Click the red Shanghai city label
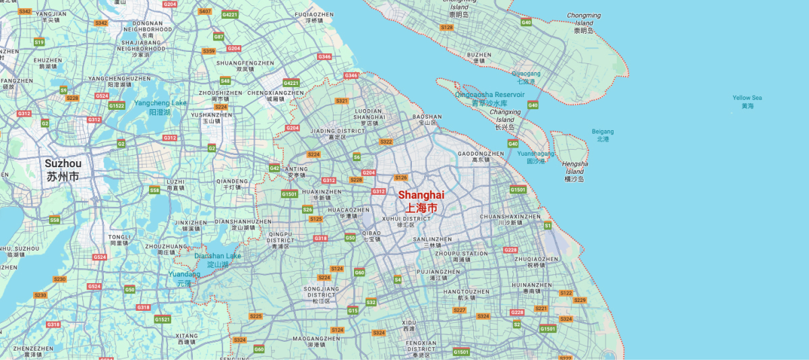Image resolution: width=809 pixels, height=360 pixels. click(421, 200)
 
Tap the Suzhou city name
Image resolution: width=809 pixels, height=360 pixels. click(63, 170)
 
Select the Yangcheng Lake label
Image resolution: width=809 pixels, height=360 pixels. click(160, 107)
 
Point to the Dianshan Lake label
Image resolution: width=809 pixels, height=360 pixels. click(217, 260)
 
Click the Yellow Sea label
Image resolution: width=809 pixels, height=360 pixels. click(747, 102)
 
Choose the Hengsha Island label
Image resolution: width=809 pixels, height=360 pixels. click(575, 171)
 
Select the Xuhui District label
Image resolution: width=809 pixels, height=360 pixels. click(405, 222)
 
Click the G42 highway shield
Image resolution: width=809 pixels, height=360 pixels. click(274, 168)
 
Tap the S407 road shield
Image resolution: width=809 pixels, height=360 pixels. click(205, 11)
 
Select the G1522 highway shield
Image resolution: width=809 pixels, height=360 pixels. click(117, 105)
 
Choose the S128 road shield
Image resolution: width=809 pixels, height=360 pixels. click(446, 27)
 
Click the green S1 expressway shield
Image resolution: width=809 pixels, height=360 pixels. click(547, 224)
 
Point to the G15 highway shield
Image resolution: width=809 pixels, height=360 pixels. click(353, 310)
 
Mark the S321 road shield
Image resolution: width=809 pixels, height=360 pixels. click(342, 100)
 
